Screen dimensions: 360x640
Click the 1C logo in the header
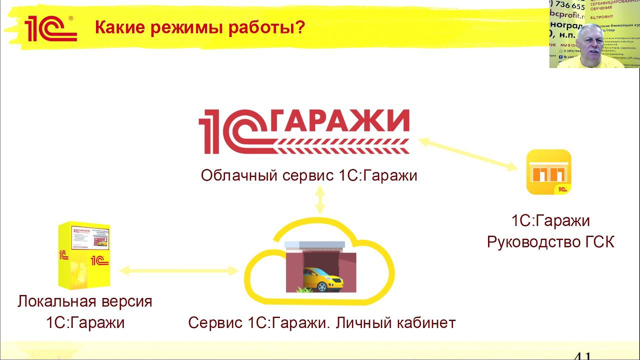click(50, 28)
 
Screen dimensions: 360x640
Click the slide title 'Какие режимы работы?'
click(199, 27)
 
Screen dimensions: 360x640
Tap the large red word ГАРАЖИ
click(342, 121)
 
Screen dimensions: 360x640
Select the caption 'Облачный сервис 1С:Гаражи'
click(309, 175)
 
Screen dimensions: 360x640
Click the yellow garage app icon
click(549, 172)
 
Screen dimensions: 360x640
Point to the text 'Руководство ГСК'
click(550, 242)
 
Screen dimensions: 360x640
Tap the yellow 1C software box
click(84, 255)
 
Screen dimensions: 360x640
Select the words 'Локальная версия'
click(85, 301)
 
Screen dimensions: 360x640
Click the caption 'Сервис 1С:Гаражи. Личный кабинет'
click(322, 322)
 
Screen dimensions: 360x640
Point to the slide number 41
click(582, 356)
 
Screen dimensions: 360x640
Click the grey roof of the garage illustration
click(320, 246)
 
